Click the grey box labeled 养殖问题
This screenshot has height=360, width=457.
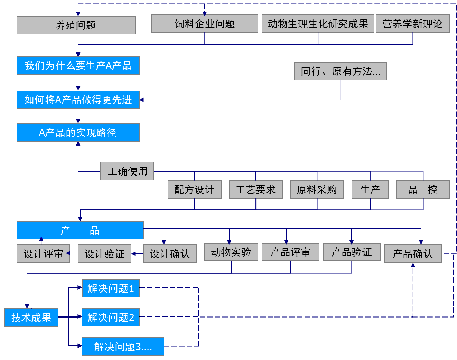point(76,25)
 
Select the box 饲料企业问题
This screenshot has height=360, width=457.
point(205,24)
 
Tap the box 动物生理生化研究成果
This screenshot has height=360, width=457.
point(318,24)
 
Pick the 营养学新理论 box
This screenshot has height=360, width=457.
point(412,24)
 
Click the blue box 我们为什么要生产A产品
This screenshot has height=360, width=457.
point(78,66)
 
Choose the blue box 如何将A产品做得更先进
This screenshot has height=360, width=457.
point(78,100)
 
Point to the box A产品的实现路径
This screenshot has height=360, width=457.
point(78,133)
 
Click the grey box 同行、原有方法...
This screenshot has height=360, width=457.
point(340,72)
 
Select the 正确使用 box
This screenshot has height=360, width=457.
point(127,171)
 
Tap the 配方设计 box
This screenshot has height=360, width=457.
point(194,190)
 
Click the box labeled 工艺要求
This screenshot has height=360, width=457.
point(255,190)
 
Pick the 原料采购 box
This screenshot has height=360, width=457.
point(317,190)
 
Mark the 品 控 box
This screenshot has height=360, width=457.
point(423,190)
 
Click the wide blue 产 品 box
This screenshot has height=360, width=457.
point(80,230)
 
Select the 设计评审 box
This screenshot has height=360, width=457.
point(43,254)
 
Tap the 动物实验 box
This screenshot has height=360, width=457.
point(231,252)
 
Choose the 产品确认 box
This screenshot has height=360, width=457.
point(412,254)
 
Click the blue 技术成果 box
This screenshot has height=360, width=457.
point(31,318)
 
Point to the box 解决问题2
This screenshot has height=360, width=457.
point(111,317)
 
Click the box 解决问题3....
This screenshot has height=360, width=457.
point(123,347)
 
